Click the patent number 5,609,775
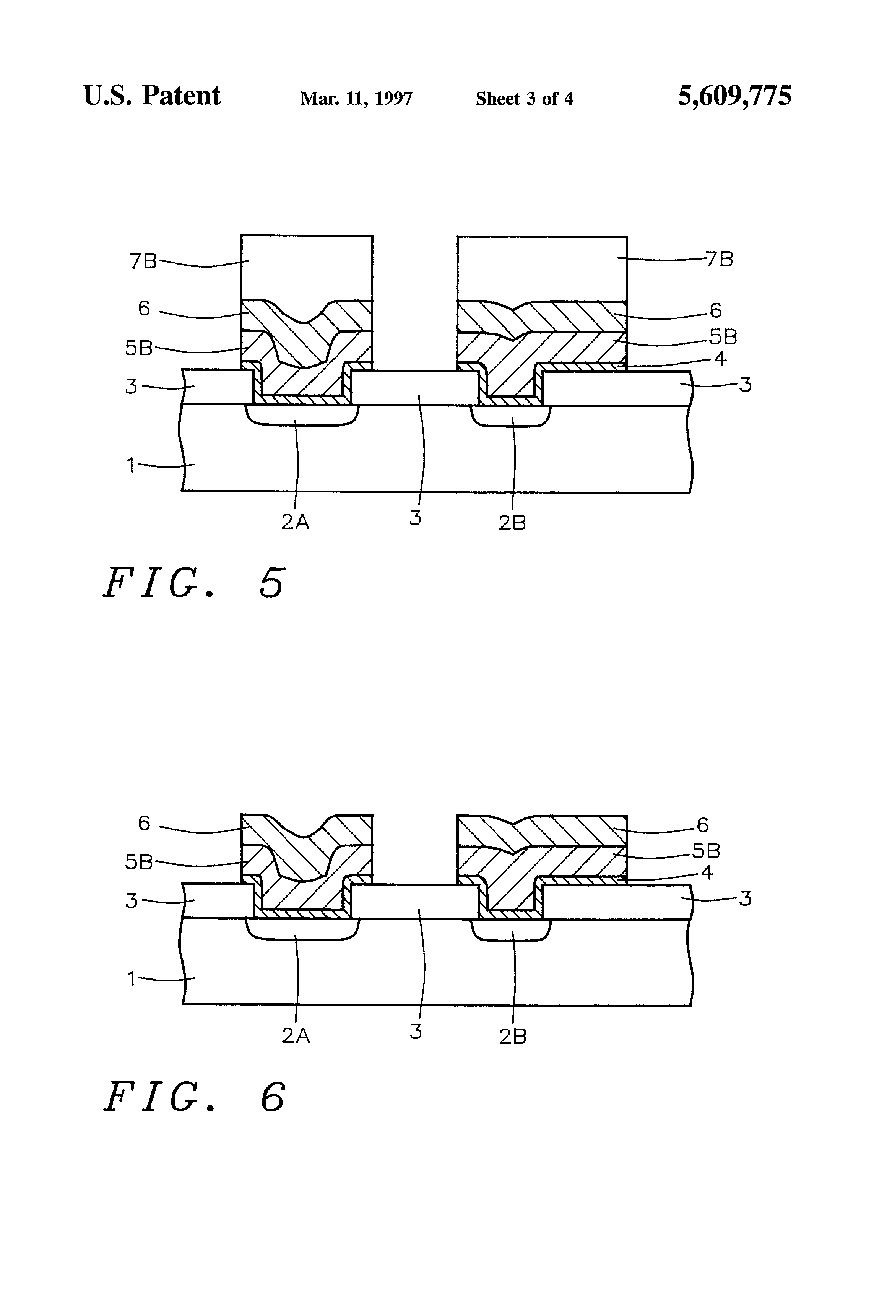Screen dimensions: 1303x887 [734, 96]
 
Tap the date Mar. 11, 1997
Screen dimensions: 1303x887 [356, 99]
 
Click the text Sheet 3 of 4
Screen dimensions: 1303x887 [524, 99]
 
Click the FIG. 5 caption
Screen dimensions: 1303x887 [194, 583]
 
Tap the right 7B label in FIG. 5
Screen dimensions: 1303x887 [720, 259]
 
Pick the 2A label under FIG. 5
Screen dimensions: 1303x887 [295, 522]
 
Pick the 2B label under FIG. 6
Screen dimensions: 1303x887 [512, 1037]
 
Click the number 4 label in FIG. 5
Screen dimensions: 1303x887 [720, 359]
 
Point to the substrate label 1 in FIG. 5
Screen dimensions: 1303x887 [131, 465]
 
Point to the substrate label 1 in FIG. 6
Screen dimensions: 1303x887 [131, 979]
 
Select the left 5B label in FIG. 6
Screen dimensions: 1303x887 [138, 862]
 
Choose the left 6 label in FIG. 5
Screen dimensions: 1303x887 [144, 309]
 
